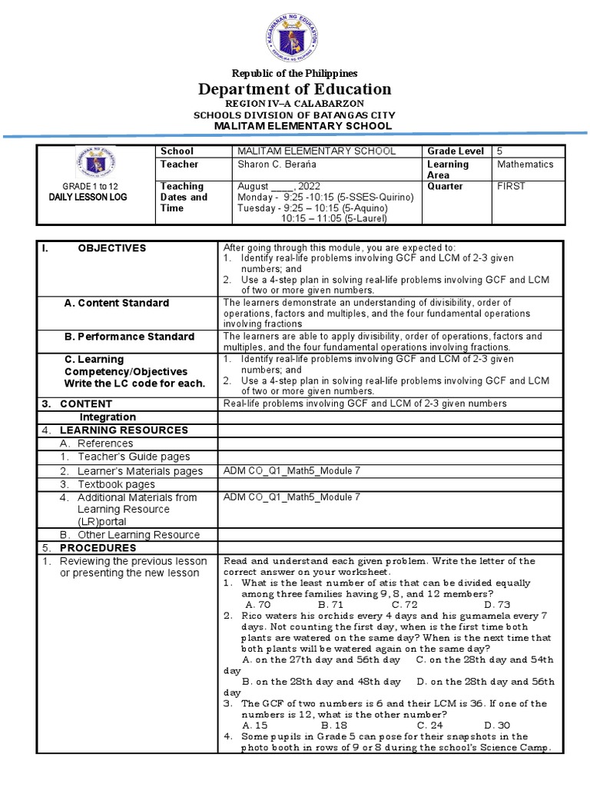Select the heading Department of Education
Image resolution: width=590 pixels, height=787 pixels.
295,89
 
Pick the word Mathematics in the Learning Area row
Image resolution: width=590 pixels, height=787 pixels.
525,164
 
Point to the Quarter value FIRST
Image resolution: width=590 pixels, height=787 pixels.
511,186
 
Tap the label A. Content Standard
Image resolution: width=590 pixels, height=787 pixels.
116,303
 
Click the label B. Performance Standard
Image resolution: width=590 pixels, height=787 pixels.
128,337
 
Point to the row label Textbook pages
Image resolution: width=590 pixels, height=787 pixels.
116,484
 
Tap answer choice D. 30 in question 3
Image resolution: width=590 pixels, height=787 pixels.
496,725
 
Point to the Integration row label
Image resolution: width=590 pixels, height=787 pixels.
108,417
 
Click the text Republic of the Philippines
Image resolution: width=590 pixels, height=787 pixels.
295,74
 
